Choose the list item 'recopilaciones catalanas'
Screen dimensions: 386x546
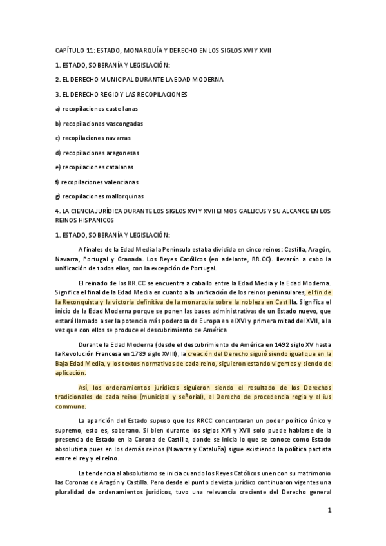pyautogui.click(x=98, y=167)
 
